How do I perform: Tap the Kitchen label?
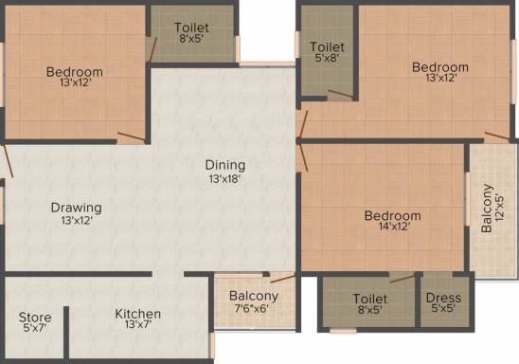(138, 314)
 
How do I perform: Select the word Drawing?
(77, 208)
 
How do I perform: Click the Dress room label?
(443, 298)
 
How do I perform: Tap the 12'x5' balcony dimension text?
(499, 208)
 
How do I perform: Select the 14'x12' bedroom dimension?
(392, 228)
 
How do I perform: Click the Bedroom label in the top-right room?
(440, 67)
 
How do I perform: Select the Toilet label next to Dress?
(370, 298)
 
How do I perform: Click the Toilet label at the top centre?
(191, 27)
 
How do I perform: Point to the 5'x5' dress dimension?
(443, 310)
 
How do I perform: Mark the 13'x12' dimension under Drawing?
(77, 221)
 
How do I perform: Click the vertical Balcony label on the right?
(486, 208)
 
